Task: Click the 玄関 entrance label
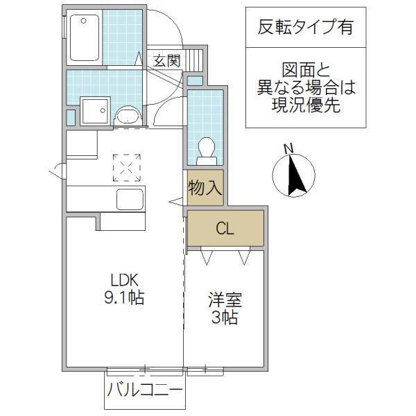pyautogui.click(x=167, y=61)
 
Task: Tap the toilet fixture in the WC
pyautogui.click(x=207, y=151)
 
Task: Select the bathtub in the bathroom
pyautogui.click(x=85, y=37)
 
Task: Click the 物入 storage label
pyautogui.click(x=205, y=188)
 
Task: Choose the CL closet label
pyautogui.click(x=225, y=228)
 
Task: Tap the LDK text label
pyautogui.click(x=125, y=280)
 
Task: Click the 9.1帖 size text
pyautogui.click(x=124, y=297)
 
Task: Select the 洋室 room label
pyautogui.click(x=225, y=300)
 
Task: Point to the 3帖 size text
pyautogui.click(x=225, y=318)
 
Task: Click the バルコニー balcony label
pyautogui.click(x=145, y=390)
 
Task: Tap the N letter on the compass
pyautogui.click(x=289, y=148)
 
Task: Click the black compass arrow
pyautogui.click(x=296, y=175)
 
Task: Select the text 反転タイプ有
pyautogui.click(x=306, y=27)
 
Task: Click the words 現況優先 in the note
pyautogui.click(x=306, y=105)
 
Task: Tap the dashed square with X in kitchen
pyautogui.click(x=127, y=168)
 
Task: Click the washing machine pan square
pyautogui.click(x=95, y=110)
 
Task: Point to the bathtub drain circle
pyautogui.click(x=84, y=20)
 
